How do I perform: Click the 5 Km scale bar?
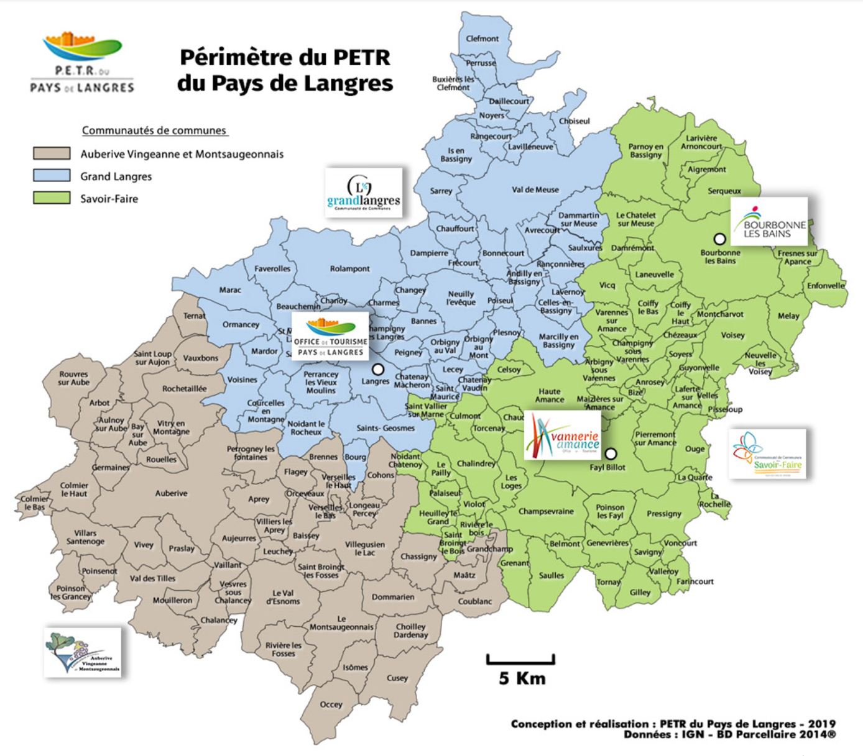(520, 660)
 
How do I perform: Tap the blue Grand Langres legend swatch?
(52, 176)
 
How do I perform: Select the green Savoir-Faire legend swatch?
(52, 198)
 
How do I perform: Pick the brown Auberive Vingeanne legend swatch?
(52, 153)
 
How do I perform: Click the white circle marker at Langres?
(377, 369)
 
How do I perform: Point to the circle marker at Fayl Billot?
(611, 454)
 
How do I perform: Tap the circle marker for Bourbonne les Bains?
(719, 239)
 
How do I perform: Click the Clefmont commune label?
(482, 39)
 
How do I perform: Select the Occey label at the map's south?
(331, 704)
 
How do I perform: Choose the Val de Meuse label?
(535, 190)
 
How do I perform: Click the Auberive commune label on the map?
(171, 493)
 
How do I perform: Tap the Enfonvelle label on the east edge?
(826, 286)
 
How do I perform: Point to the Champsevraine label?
(546, 512)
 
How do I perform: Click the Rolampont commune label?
(349, 269)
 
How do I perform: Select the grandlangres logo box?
(364, 193)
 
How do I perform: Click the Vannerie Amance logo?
(563, 435)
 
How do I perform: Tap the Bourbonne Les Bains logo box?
(769, 222)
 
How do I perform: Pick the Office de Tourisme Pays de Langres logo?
(330, 336)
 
